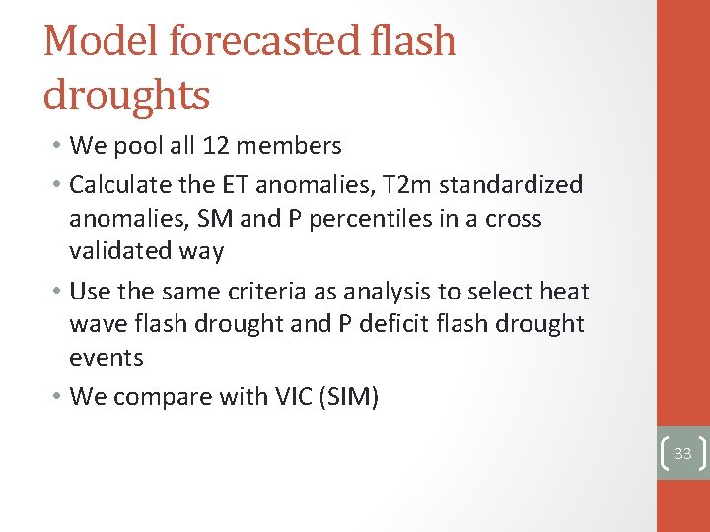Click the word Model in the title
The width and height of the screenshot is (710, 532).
[102, 41]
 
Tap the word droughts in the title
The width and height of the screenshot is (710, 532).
[126, 96]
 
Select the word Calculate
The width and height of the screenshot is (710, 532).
[127, 184]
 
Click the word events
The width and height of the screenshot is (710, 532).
[106, 358]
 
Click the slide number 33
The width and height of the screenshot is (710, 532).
[683, 453]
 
